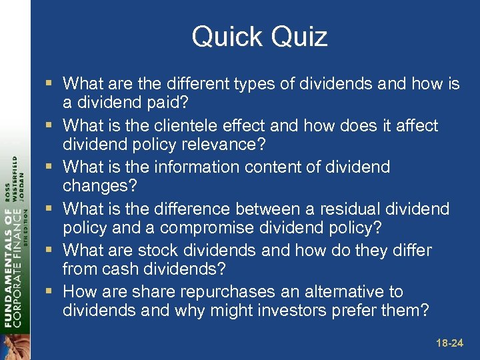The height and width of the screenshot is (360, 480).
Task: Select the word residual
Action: (x=347, y=209)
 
